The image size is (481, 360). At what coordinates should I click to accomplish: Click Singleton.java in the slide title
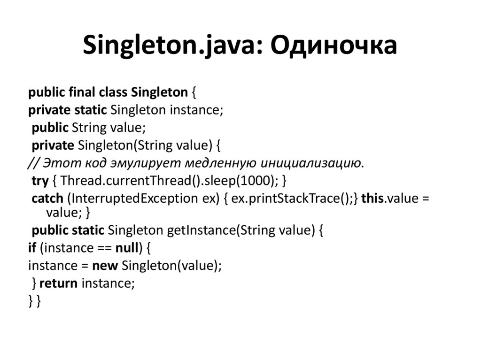point(167,46)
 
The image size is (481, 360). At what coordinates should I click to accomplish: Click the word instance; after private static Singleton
point(196,109)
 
